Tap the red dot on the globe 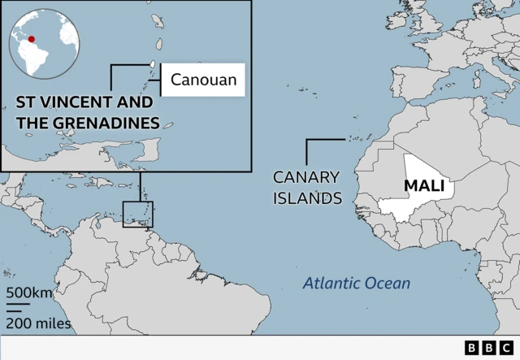click(x=32, y=38)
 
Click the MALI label click(x=424, y=187)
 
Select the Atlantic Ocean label click(x=357, y=284)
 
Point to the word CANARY click(x=306, y=176)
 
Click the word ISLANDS click(x=307, y=197)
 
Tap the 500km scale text click(x=29, y=293)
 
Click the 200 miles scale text click(x=39, y=323)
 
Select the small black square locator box click(x=137, y=214)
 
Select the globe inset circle click(x=42, y=43)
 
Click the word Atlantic click(x=330, y=284)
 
